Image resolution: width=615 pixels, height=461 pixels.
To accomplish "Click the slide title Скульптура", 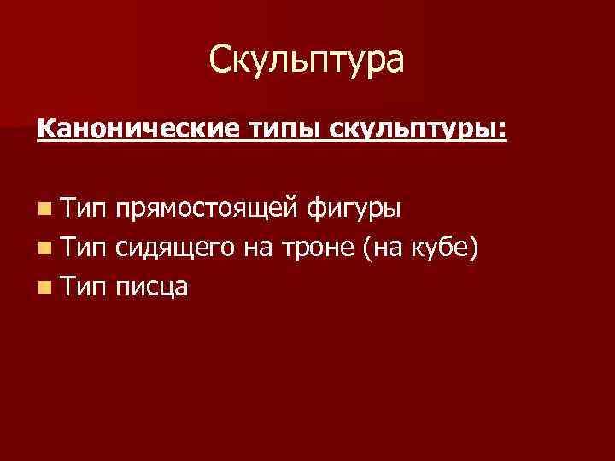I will pyautogui.click(x=307, y=61).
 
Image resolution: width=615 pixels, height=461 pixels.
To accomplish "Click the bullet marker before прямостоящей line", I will pyautogui.click(x=44, y=207).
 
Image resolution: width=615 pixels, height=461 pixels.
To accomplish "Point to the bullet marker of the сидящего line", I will pyautogui.click(x=44, y=248).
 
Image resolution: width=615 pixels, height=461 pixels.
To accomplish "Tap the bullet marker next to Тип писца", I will pyautogui.click(x=44, y=289).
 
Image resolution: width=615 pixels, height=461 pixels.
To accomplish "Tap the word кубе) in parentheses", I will pyautogui.click(x=452, y=248).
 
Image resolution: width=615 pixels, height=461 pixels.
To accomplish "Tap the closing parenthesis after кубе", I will pyautogui.click(x=484, y=248).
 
